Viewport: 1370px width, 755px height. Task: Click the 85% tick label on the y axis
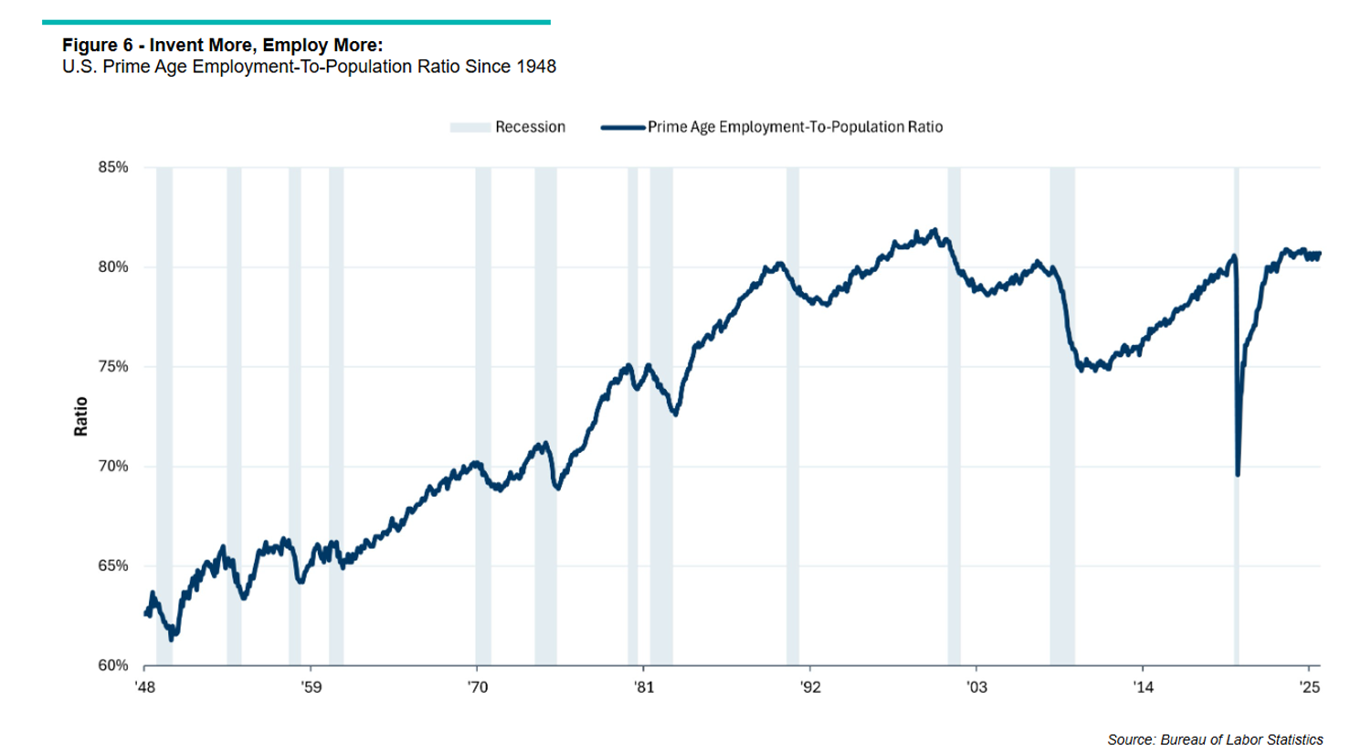pyautogui.click(x=113, y=167)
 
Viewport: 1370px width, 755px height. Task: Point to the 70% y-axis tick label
pyautogui.click(x=113, y=466)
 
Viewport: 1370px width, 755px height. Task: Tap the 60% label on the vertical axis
pyautogui.click(x=113, y=666)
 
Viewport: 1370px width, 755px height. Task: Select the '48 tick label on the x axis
pyautogui.click(x=145, y=687)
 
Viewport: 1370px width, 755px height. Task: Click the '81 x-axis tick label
pyautogui.click(x=644, y=687)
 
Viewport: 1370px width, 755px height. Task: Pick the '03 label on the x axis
pyautogui.click(x=976, y=687)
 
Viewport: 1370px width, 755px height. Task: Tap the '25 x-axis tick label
pyautogui.click(x=1310, y=687)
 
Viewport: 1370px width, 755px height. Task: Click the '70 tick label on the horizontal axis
pyautogui.click(x=478, y=687)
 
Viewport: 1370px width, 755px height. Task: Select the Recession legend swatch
pyautogui.click(x=469, y=128)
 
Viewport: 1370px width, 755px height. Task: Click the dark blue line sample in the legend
pyautogui.click(x=623, y=128)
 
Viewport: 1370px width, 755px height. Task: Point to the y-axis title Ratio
pyautogui.click(x=81, y=416)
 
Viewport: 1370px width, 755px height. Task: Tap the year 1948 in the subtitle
pyautogui.click(x=536, y=67)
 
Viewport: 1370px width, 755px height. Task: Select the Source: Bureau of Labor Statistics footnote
pyautogui.click(x=1215, y=739)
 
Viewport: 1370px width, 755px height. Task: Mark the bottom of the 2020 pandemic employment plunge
pyautogui.click(x=1238, y=474)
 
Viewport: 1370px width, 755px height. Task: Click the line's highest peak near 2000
pyautogui.click(x=933, y=230)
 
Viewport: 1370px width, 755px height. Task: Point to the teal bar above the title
pyautogui.click(x=296, y=22)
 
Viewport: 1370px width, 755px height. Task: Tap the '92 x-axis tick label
pyautogui.click(x=810, y=687)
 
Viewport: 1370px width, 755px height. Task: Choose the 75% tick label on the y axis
pyautogui.click(x=113, y=366)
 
